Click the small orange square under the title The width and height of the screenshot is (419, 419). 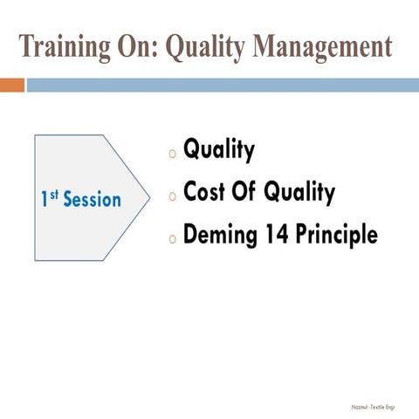[11, 85]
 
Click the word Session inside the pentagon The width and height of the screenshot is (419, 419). [93, 200]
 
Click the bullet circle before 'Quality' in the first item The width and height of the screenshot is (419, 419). [173, 154]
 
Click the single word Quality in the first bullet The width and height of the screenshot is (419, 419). [219, 150]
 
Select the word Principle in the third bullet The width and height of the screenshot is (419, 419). [337, 236]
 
